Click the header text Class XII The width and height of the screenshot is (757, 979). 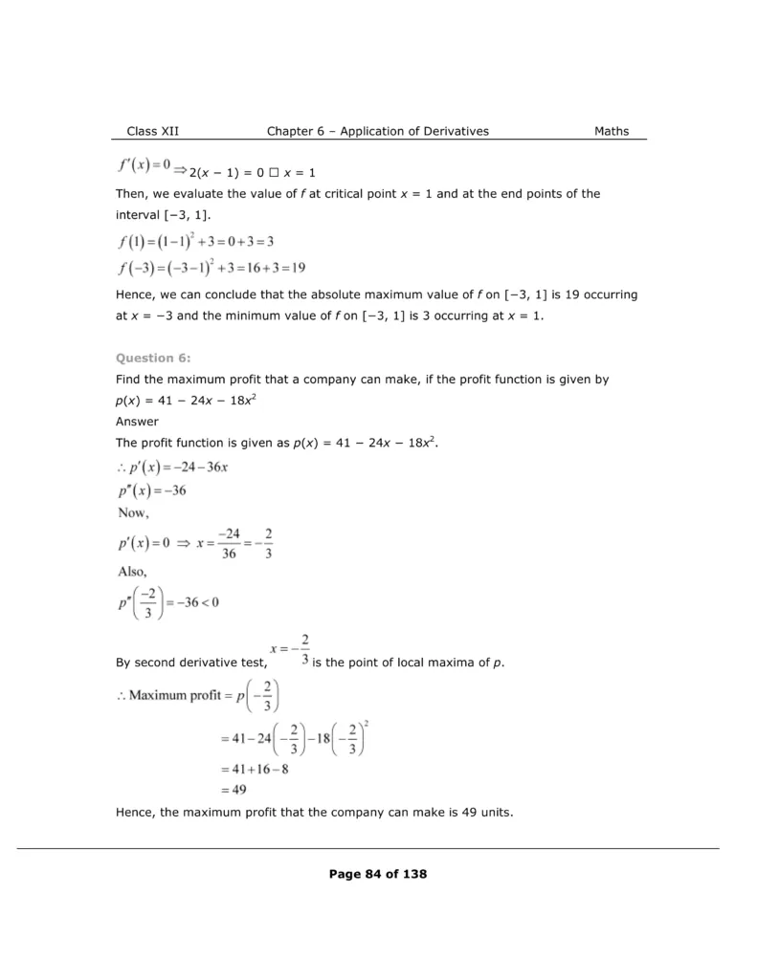coord(152,131)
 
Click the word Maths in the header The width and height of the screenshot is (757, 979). coord(612,131)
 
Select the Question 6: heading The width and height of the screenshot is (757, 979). coord(153,358)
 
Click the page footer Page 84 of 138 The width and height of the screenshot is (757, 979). coord(377,873)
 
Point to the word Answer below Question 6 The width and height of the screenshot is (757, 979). coord(137,421)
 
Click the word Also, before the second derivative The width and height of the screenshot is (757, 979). coord(134,571)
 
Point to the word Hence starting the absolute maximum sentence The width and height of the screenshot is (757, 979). coord(135,295)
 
